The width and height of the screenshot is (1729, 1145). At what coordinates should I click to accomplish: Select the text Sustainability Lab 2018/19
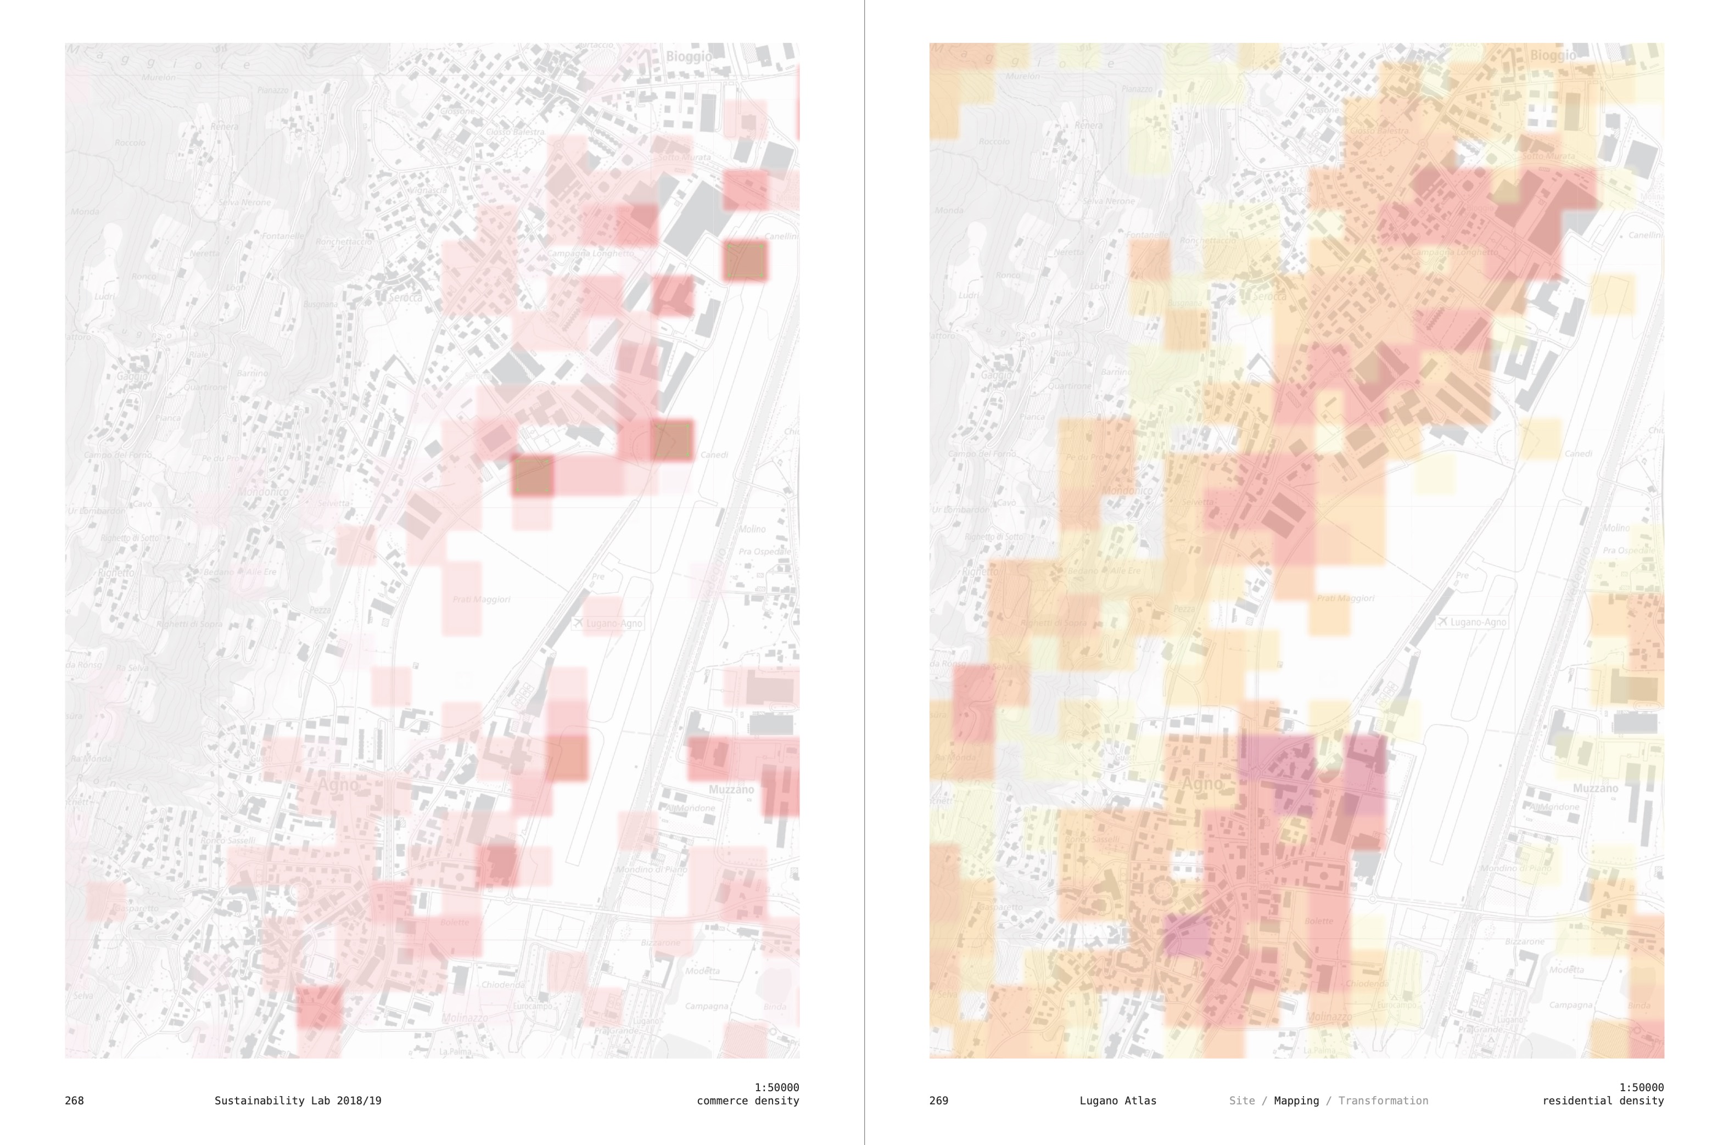(x=297, y=1101)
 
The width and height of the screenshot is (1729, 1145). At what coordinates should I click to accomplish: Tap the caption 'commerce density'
(x=747, y=1101)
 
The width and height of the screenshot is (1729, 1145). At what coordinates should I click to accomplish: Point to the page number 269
(x=939, y=1101)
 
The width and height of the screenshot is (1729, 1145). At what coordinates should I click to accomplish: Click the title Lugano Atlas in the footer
(x=1117, y=1101)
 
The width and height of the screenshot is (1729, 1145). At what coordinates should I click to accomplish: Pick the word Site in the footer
(x=1242, y=1101)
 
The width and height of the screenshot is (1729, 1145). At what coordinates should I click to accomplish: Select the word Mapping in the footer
(x=1296, y=1101)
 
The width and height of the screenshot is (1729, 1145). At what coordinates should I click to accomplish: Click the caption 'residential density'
(x=1603, y=1101)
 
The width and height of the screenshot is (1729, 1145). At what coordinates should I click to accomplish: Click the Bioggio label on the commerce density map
(x=688, y=56)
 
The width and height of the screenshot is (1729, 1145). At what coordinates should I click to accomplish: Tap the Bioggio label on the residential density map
(x=1552, y=55)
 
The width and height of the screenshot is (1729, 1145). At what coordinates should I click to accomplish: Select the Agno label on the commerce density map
(x=338, y=785)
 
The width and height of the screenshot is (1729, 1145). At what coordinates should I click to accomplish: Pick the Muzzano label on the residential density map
(x=1596, y=789)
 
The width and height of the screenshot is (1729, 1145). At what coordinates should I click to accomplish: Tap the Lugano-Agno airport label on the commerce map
(x=613, y=623)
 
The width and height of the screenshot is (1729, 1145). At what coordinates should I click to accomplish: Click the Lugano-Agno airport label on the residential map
(x=1477, y=622)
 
